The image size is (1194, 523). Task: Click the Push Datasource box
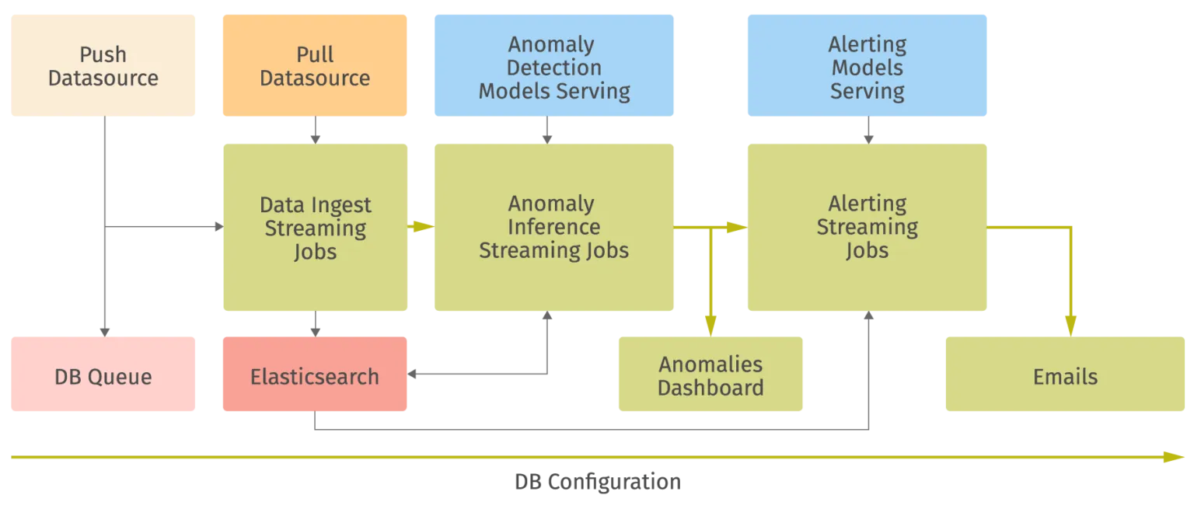[x=103, y=66]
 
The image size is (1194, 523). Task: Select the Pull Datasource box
[x=315, y=66]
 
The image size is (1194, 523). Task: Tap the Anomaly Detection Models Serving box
[x=553, y=66]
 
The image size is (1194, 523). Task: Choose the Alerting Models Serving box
[x=867, y=66]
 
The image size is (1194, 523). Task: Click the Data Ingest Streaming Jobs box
[x=315, y=228]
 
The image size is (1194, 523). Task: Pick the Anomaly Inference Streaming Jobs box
[x=553, y=228]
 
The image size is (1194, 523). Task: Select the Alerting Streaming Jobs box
[x=867, y=228]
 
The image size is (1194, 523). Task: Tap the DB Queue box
[x=103, y=376]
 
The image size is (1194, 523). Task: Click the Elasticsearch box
[x=315, y=376]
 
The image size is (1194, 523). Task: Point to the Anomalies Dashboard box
[x=710, y=376]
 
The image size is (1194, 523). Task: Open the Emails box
[x=1065, y=376]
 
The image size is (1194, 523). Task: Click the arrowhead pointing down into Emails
[x=1070, y=325]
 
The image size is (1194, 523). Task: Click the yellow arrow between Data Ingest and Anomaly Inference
[x=421, y=227]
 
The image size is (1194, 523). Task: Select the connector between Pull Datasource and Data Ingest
[x=313, y=131]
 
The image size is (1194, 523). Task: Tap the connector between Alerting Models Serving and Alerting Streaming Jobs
[x=868, y=131]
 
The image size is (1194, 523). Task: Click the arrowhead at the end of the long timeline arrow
[x=1175, y=458]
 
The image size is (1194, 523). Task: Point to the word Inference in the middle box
[x=553, y=227]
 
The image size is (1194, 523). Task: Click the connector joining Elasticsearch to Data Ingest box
[x=313, y=324]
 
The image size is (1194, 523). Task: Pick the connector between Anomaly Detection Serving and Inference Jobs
[x=547, y=131]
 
